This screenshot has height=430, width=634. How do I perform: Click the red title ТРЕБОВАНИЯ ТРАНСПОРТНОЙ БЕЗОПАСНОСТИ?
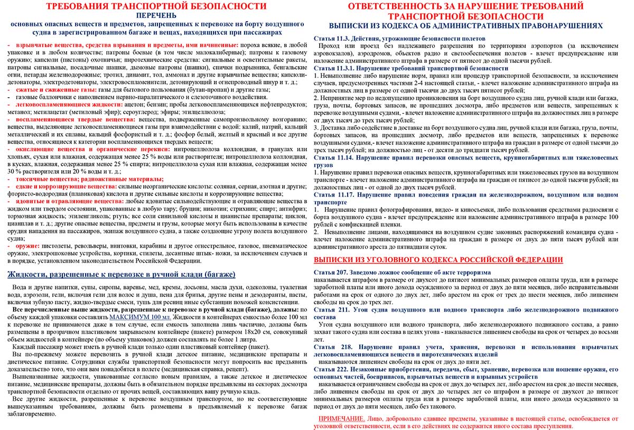(156, 6)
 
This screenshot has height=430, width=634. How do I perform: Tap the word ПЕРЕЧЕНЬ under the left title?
(156, 15)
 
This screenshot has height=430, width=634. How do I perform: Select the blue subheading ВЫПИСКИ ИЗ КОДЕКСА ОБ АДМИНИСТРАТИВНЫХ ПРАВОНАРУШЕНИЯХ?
(465, 25)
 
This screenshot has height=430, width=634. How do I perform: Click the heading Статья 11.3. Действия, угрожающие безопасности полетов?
(399, 39)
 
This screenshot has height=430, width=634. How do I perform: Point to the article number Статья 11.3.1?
(333, 69)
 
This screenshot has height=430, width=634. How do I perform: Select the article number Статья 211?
(331, 310)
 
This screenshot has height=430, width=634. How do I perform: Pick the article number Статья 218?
(331, 347)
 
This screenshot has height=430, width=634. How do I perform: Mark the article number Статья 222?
(331, 370)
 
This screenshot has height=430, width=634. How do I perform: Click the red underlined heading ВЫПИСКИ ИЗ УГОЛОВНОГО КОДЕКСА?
(438, 260)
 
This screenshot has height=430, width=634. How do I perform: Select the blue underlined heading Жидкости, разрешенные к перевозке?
(121, 275)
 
